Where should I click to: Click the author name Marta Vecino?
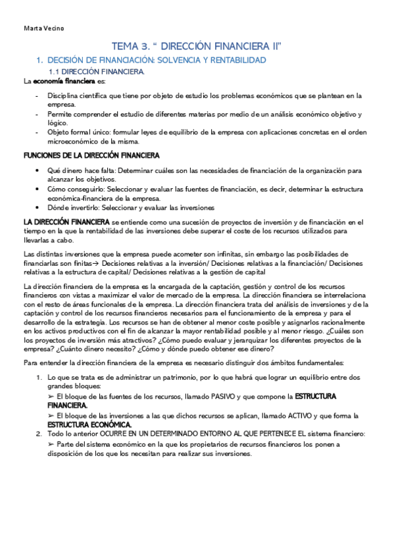tap(43, 28)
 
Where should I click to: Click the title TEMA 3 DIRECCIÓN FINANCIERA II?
tap(197, 46)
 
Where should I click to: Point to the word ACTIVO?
tap(298, 416)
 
